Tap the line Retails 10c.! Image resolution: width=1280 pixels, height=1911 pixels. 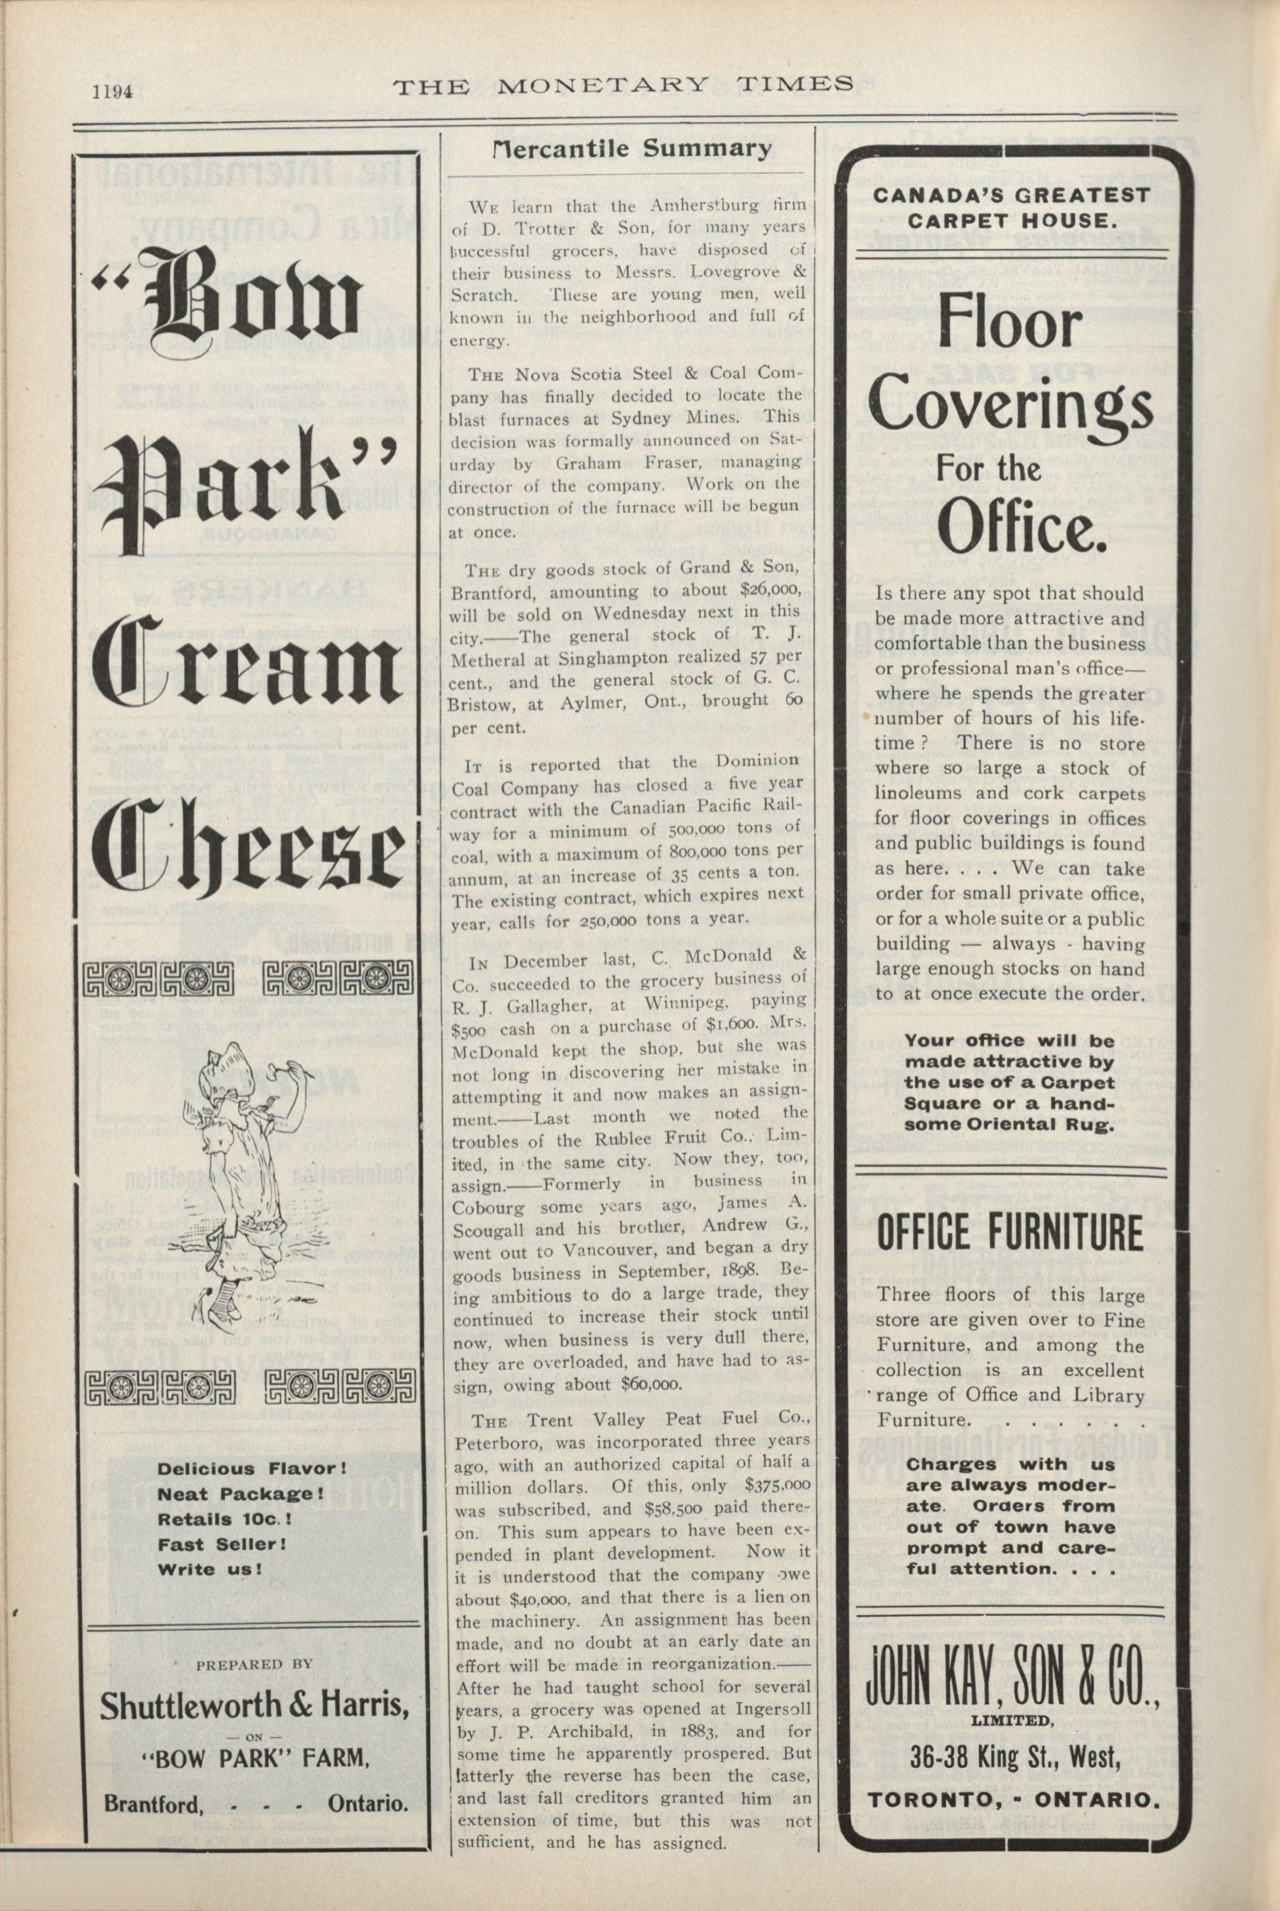tap(224, 1520)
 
